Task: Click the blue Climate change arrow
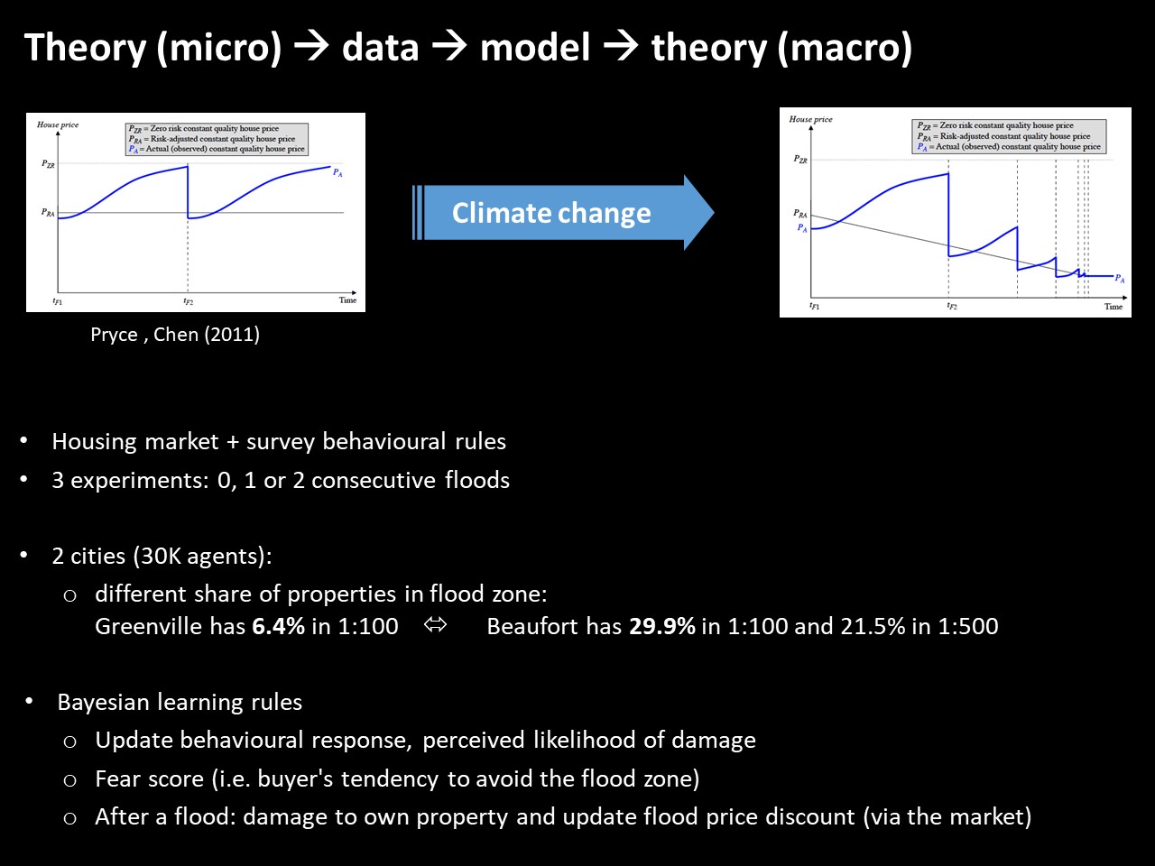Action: click(563, 213)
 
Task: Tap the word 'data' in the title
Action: click(380, 48)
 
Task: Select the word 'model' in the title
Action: click(534, 48)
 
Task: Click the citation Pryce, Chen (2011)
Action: click(175, 335)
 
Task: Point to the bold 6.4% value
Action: click(278, 626)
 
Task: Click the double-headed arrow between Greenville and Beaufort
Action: click(435, 624)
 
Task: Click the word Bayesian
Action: click(103, 703)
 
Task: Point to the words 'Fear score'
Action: click(150, 778)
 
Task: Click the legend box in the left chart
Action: click(217, 139)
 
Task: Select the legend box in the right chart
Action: click(1009, 136)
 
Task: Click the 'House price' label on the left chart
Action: click(58, 124)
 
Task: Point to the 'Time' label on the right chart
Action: click(1113, 307)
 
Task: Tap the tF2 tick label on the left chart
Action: click(189, 301)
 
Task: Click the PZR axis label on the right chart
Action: click(800, 160)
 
